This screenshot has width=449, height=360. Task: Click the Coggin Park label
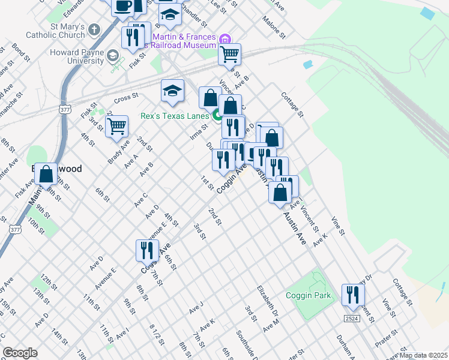coord(309,295)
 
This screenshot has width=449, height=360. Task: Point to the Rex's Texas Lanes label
coord(174,116)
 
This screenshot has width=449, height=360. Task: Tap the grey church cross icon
coord(95,29)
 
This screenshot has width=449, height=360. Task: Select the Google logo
coord(20,353)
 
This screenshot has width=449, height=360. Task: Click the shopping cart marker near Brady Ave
coord(116,127)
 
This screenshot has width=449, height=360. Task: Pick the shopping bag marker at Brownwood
coord(46,174)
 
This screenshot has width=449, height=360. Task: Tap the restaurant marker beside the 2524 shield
coord(353,295)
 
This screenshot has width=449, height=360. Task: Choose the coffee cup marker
coord(123,7)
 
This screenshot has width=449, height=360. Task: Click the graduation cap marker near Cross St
coord(172,91)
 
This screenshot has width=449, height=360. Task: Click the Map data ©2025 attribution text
coord(423,355)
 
